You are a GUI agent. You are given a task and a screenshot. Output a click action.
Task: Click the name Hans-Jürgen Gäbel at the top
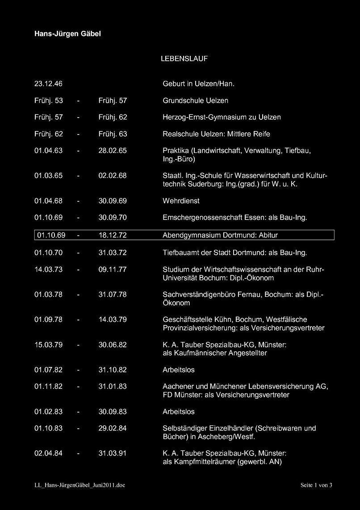pyautogui.click(x=67, y=34)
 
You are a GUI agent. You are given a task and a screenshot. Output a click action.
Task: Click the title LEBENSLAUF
pyautogui.click(x=184, y=59)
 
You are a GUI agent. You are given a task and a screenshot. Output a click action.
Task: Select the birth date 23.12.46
pyautogui.click(x=48, y=84)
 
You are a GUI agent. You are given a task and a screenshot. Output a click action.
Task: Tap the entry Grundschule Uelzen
pyautogui.click(x=195, y=101)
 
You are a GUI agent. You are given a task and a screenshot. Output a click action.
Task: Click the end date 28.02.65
pyautogui.click(x=113, y=151)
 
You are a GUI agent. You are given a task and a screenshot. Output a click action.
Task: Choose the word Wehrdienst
pyautogui.click(x=181, y=201)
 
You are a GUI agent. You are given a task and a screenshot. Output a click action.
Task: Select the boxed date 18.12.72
pyautogui.click(x=113, y=235)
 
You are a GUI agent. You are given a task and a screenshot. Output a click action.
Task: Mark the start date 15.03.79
pyautogui.click(x=48, y=345)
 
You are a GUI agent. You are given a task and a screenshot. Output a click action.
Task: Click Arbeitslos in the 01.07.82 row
pyautogui.click(x=179, y=370)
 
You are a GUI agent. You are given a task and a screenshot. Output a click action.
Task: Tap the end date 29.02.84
pyautogui.click(x=113, y=428)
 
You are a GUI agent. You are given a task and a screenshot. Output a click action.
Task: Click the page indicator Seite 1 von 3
pyautogui.click(x=316, y=485)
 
